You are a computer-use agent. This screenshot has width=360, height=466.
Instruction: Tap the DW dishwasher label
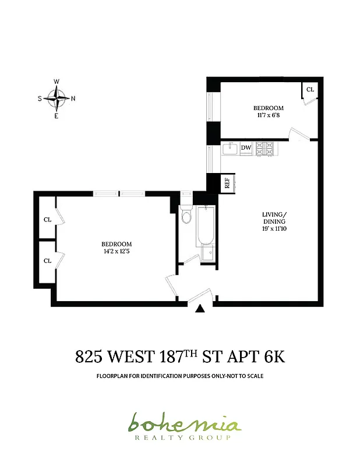(x=246, y=148)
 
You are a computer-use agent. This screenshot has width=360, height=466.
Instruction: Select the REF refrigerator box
(x=226, y=183)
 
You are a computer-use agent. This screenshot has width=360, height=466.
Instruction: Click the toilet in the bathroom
(x=186, y=216)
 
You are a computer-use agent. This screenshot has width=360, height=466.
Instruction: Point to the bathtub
(x=205, y=227)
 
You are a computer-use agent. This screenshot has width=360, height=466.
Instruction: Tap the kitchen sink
(x=229, y=149)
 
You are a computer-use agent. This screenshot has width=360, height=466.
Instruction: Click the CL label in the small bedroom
(x=310, y=90)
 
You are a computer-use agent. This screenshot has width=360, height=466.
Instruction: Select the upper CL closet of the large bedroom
(x=48, y=220)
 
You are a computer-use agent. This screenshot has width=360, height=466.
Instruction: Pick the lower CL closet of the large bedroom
(x=48, y=260)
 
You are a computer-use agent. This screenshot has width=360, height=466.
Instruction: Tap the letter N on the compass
(x=73, y=98)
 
